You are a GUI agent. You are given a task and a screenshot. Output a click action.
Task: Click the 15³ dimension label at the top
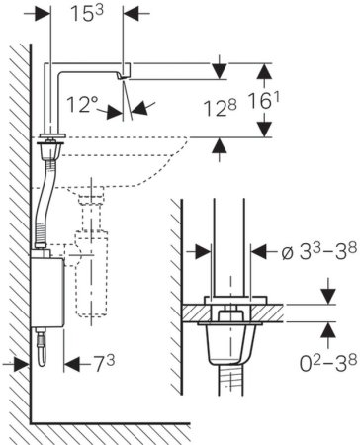[x=87, y=14]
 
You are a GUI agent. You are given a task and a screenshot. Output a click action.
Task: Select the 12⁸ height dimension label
[x=220, y=108]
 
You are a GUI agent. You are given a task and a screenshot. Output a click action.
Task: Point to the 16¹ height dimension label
[x=263, y=101]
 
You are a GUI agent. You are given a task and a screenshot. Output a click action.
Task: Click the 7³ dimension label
[x=105, y=364]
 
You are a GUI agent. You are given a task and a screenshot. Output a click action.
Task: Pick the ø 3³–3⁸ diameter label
[x=319, y=252]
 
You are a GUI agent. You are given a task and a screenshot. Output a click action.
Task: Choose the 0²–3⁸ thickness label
[x=328, y=363]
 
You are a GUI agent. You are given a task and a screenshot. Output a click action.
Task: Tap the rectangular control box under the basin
[x=47, y=293]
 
